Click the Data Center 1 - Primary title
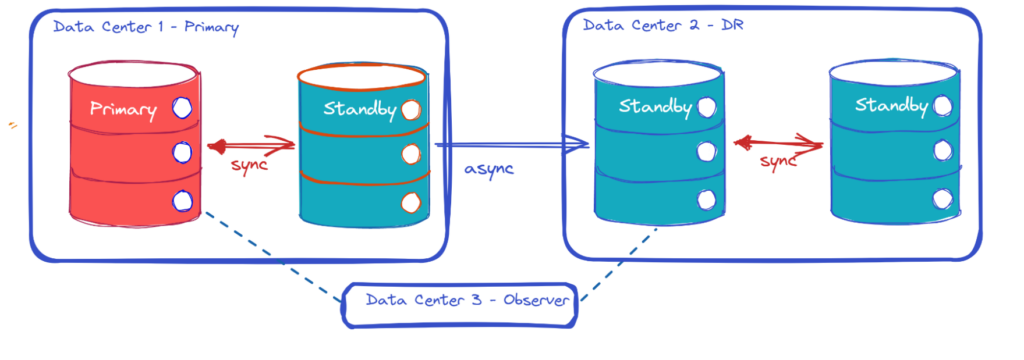(x=147, y=27)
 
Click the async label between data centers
(x=489, y=168)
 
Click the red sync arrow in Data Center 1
(x=251, y=146)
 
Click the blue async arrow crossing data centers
(x=510, y=148)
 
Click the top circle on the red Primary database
(x=182, y=107)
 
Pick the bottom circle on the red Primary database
(x=182, y=202)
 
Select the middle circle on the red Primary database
(x=182, y=152)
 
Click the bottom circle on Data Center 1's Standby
(x=410, y=203)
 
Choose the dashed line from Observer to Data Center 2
(x=620, y=260)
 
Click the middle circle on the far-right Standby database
(x=941, y=150)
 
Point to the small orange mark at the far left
(x=13, y=126)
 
